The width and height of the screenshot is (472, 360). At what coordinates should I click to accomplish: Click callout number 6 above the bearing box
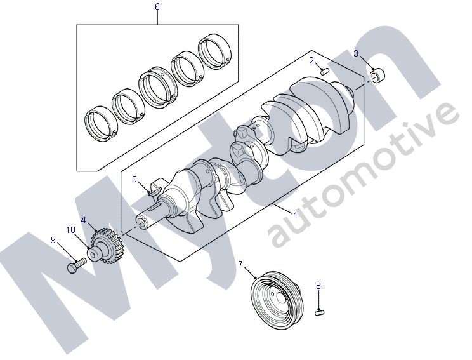click(157, 6)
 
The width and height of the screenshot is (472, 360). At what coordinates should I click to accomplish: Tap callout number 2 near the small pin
click(311, 61)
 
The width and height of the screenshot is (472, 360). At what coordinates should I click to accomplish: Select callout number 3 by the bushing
click(356, 53)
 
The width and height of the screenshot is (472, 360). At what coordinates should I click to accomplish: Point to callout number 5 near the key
click(134, 180)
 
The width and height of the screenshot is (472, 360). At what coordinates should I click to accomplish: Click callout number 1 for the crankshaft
click(295, 215)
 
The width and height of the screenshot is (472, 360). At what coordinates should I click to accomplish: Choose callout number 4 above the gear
click(83, 220)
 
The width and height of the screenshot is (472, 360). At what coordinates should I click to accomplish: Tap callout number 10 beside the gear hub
click(71, 230)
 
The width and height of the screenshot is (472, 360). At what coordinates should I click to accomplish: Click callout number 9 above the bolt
click(53, 240)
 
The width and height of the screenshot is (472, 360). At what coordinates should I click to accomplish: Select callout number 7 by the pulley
click(240, 264)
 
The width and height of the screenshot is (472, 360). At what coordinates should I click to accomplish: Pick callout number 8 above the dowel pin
click(318, 286)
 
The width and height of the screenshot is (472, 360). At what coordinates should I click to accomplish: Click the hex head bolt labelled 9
click(76, 266)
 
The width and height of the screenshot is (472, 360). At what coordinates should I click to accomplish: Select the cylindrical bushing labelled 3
click(377, 76)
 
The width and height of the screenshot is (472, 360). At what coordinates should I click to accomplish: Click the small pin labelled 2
click(325, 71)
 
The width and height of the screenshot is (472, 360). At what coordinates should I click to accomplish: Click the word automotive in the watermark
click(364, 174)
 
